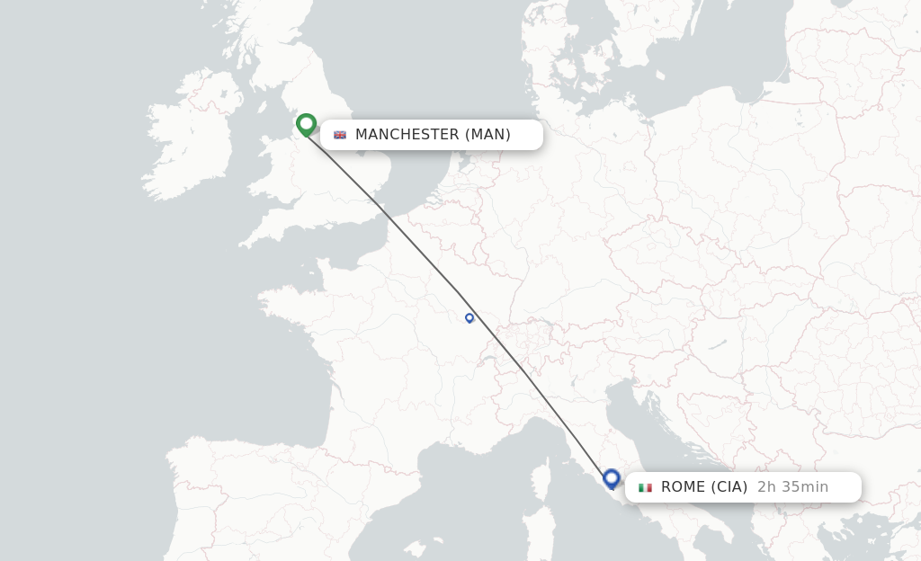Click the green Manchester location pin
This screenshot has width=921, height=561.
[306, 124]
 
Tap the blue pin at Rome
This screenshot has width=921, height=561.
[612, 478]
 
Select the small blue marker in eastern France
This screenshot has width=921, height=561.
[469, 317]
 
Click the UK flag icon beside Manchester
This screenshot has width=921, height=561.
[340, 135]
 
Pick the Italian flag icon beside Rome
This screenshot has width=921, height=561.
[645, 487]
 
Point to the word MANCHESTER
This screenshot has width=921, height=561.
[407, 135]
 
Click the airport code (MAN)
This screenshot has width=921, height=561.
[487, 135]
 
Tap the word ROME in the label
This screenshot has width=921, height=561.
[684, 487]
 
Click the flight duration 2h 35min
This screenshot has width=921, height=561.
[792, 487]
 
